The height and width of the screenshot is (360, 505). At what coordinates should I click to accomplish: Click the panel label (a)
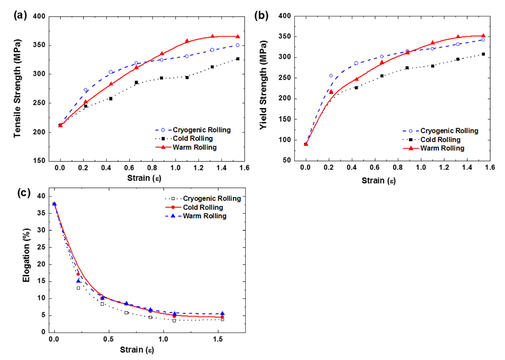20,15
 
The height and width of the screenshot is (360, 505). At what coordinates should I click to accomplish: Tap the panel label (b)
261,16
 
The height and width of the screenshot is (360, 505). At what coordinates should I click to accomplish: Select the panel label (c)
24,193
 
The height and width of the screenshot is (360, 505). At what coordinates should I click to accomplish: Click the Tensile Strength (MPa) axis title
17,89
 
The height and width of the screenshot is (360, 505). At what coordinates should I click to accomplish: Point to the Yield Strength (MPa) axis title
263,85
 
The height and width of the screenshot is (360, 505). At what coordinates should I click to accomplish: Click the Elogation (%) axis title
26,255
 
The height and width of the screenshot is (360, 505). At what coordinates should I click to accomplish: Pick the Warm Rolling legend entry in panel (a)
195,147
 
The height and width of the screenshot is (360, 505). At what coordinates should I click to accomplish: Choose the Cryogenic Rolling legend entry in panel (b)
449,131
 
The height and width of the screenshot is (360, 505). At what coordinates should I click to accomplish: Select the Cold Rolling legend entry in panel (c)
203,207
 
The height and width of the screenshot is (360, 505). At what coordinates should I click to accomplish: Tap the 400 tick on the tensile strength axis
39,16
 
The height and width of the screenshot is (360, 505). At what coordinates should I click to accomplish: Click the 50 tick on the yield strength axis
287,160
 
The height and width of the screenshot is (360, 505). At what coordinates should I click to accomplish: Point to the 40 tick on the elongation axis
41,196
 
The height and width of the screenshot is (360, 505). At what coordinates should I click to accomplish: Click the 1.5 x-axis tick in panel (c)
218,339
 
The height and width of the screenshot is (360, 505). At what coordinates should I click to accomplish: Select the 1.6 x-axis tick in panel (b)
490,167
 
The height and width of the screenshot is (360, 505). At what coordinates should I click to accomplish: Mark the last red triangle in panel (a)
238,37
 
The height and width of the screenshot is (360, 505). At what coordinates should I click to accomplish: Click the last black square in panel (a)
238,59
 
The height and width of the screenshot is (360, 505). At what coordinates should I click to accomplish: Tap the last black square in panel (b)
483,54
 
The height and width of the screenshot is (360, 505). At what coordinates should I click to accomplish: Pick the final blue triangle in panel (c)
222,314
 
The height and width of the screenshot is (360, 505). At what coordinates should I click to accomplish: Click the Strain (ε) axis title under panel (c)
137,350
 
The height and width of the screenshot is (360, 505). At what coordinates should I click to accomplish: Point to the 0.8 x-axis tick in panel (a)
152,168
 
